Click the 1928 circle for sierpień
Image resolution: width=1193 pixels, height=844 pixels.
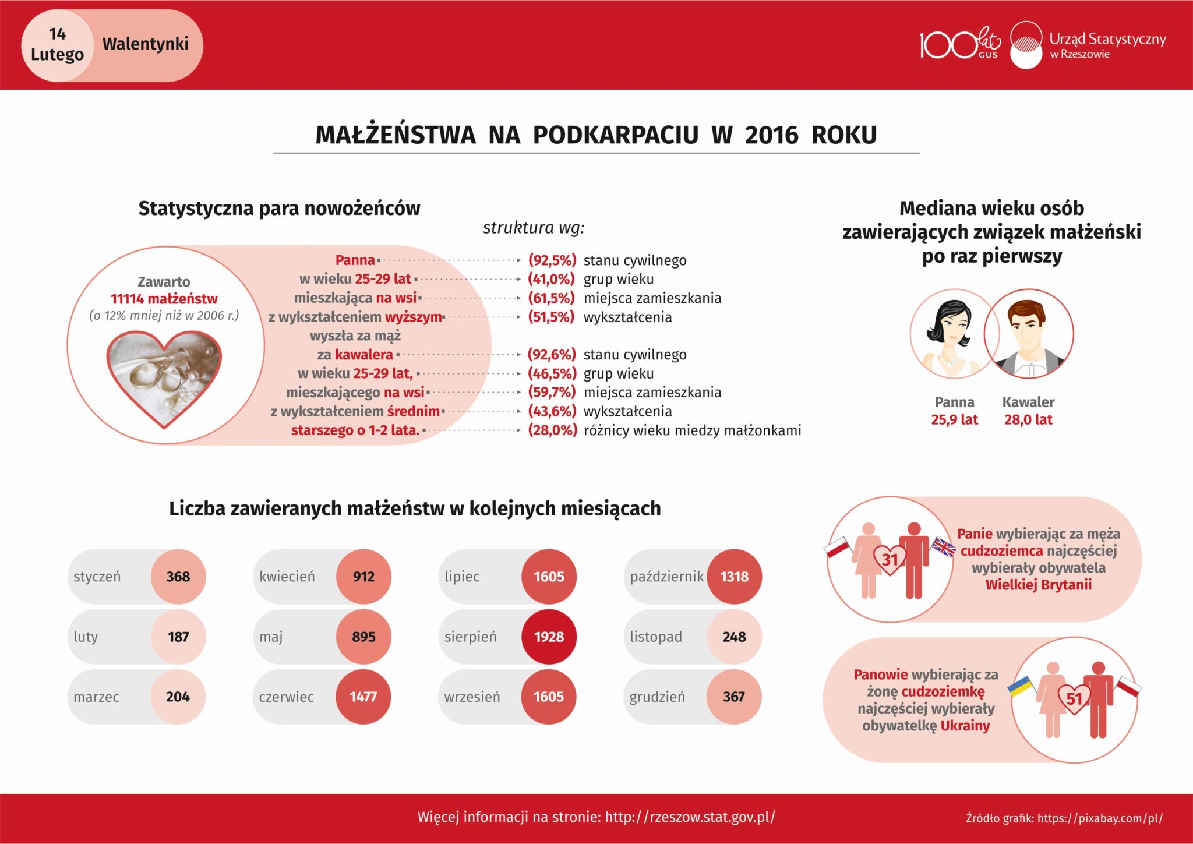coord(549,637)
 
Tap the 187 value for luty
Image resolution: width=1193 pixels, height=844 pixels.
coord(178,637)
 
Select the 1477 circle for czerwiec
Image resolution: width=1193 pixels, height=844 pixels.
coord(363,697)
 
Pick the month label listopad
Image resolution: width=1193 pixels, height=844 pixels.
coord(656,637)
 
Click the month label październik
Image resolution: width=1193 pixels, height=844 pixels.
coord(666,577)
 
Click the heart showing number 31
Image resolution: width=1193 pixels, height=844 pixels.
coord(890,560)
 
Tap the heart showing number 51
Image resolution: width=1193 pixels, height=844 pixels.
coord(1074,698)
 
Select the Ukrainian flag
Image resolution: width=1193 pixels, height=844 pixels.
coord(1021,687)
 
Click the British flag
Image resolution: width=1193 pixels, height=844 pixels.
coord(944,546)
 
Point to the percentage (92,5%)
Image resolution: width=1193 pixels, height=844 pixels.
coord(552,260)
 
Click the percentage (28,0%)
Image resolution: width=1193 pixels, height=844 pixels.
coord(552,430)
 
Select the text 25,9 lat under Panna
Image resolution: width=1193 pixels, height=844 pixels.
coord(954,419)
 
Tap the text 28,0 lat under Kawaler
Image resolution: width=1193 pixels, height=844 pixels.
coord(1028,419)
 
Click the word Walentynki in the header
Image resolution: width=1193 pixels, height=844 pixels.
coord(145,44)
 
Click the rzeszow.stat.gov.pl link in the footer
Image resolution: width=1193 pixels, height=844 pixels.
coord(690,817)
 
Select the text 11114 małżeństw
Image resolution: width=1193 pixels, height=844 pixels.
coord(164,299)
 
